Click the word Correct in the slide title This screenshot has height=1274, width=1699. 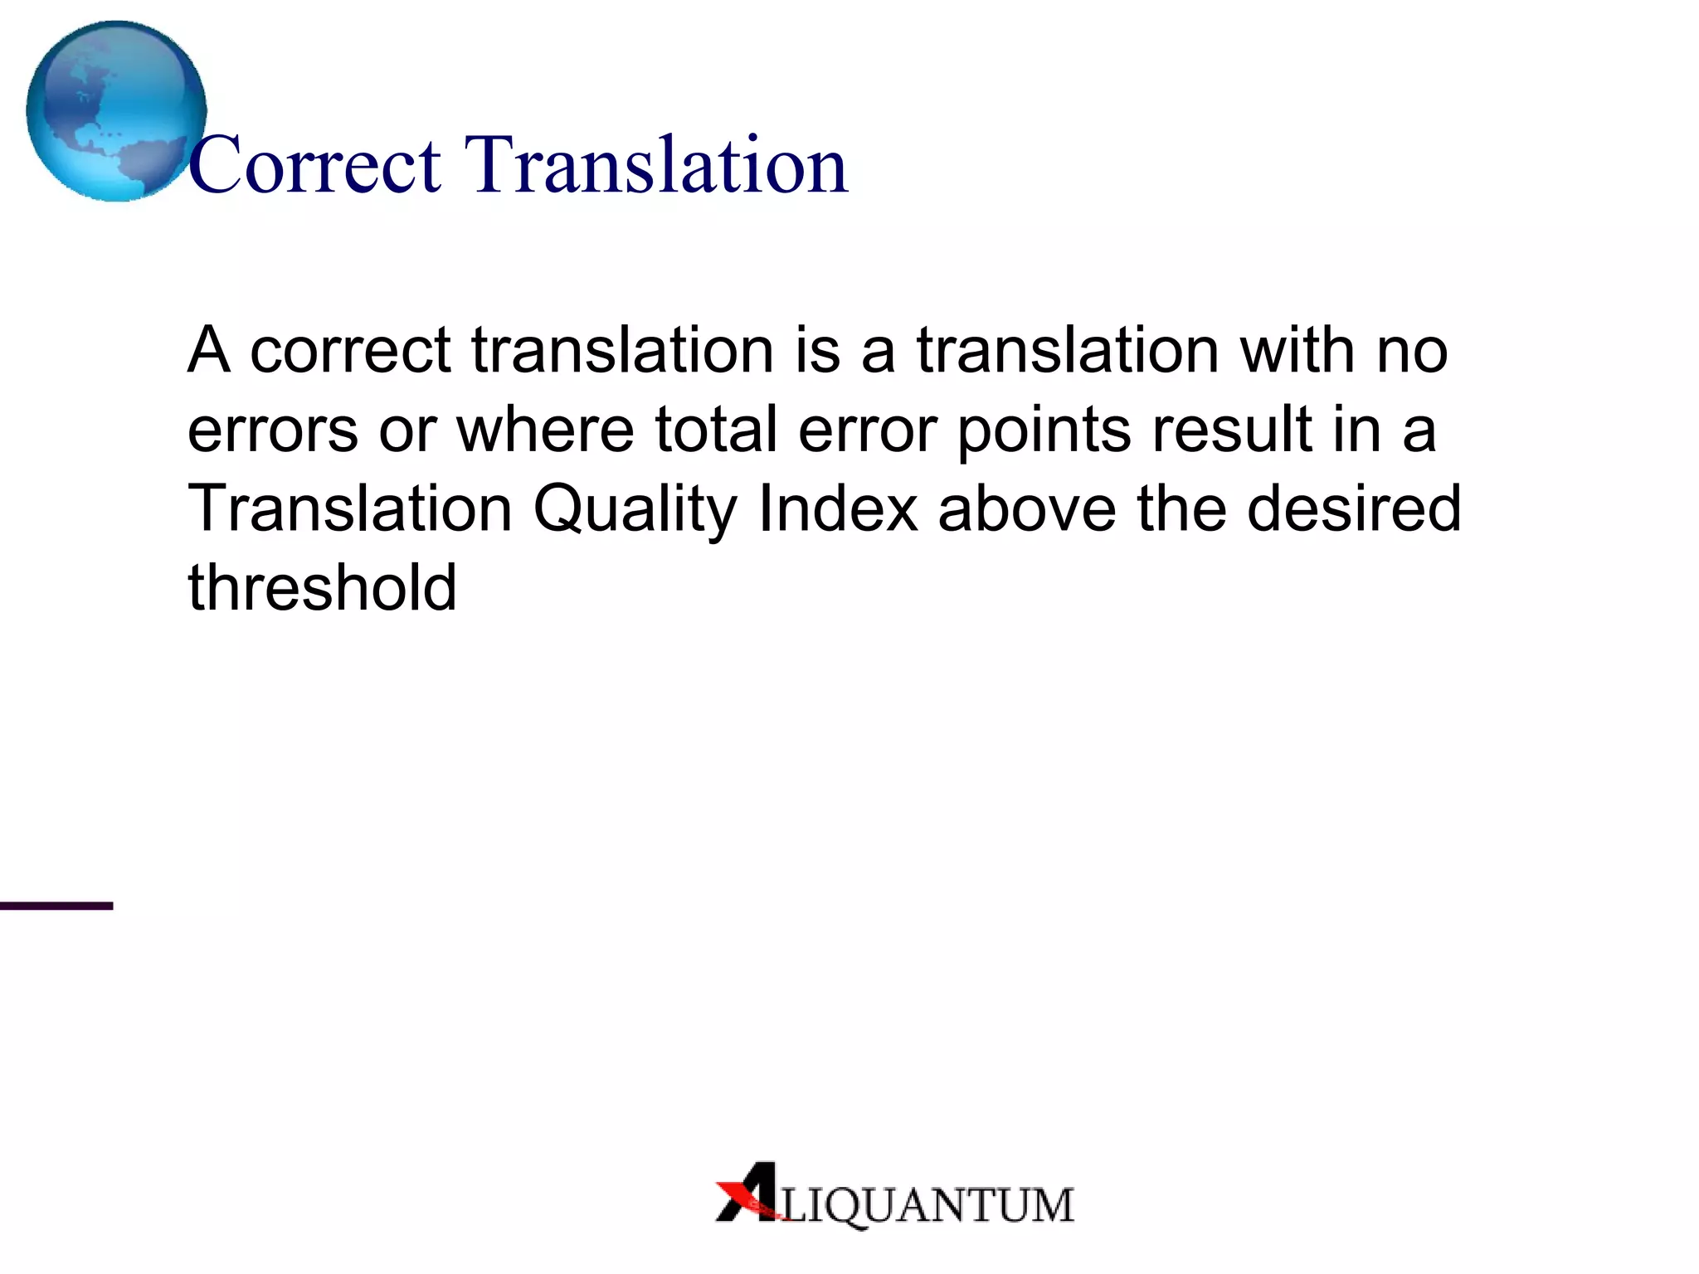pos(315,166)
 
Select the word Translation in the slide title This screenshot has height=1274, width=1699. pos(656,166)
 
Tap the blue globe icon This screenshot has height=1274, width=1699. pos(115,111)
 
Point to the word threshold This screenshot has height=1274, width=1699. pos(322,587)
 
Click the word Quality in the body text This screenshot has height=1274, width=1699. pos(635,509)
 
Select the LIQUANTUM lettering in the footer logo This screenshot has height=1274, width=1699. pos(927,1205)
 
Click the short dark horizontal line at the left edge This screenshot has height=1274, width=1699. pos(56,906)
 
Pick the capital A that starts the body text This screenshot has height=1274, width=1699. pos(207,349)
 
